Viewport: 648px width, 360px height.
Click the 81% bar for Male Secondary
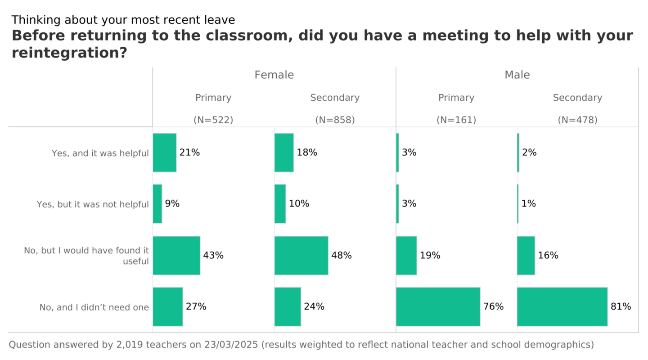562,306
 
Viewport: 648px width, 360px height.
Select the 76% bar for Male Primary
438,306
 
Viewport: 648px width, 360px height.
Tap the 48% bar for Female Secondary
301,255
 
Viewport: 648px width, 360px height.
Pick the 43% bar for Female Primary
176,255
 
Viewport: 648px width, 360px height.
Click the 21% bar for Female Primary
165,153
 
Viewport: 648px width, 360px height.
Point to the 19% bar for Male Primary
406,255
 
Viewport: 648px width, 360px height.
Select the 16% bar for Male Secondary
526,255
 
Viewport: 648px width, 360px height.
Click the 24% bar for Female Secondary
288,306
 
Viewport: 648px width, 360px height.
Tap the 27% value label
196,306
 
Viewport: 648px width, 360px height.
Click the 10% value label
299,204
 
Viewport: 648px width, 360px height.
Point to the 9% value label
172,204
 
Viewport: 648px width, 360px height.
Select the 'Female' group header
274,75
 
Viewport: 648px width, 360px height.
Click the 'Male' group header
517,75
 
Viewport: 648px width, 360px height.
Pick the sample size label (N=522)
213,120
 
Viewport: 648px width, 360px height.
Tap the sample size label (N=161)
456,120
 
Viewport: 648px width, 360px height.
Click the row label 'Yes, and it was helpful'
100,153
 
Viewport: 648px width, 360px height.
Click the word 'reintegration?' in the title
69,53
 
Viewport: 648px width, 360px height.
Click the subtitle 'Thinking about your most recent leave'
123,20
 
